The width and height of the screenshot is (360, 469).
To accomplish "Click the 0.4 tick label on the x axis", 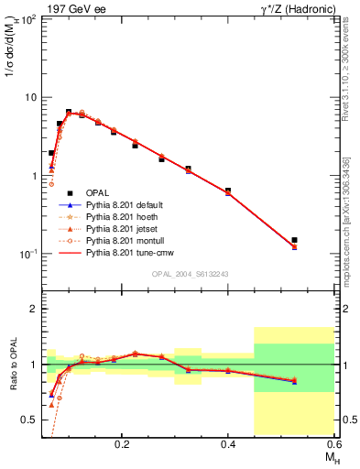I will point(227,442).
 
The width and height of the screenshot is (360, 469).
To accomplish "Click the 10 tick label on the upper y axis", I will point(30,97).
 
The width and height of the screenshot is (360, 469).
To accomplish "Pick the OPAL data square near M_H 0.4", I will point(228,191).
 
